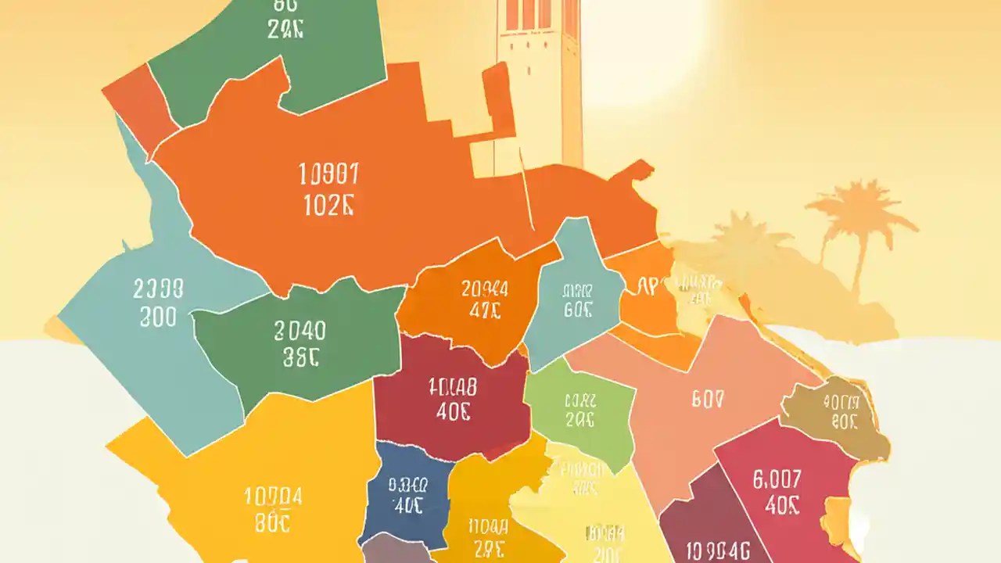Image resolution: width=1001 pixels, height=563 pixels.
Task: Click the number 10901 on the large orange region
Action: pyautogui.click(x=328, y=172)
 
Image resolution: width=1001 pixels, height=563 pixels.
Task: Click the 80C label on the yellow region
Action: pyautogui.click(x=272, y=522)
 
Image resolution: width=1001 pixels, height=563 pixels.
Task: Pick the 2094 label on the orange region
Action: pyautogui.click(x=484, y=289)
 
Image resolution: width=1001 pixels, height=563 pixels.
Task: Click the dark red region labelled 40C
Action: pyautogui.click(x=452, y=399)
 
